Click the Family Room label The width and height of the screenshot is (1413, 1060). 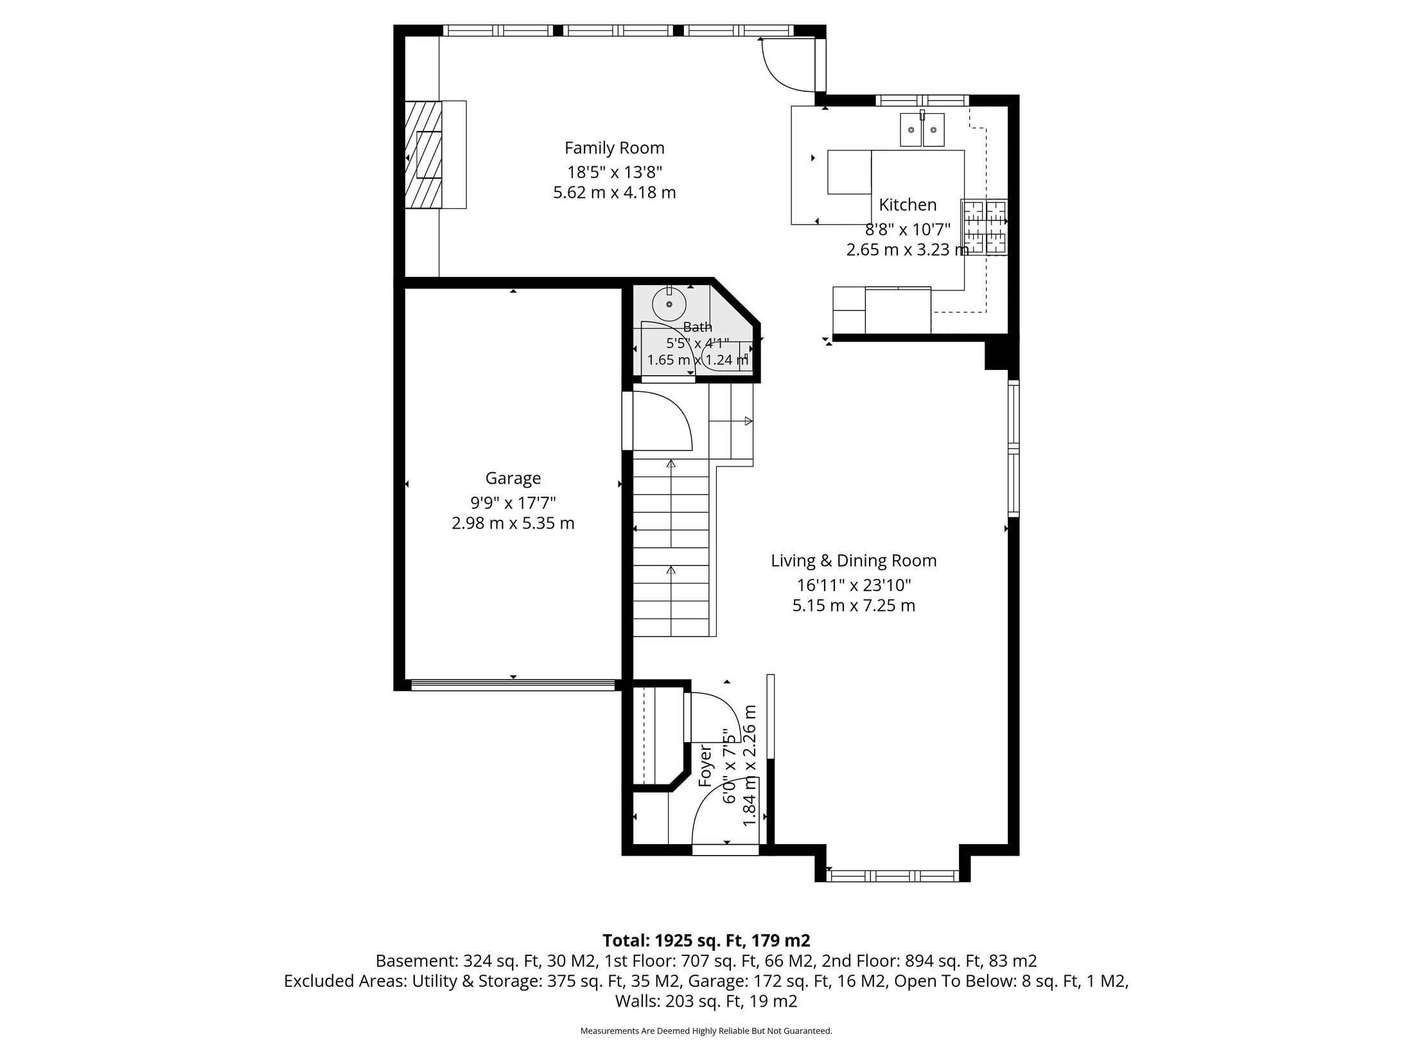[x=614, y=148]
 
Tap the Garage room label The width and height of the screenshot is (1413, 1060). [x=513, y=479]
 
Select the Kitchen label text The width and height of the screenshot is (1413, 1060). [x=908, y=205]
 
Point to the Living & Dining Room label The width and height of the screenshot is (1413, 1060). [x=854, y=561]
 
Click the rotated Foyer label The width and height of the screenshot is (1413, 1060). [x=705, y=766]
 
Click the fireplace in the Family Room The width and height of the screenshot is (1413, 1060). [x=423, y=154]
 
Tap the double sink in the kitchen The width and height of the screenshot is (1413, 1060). [x=922, y=129]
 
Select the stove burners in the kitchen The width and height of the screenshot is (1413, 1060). [x=984, y=227]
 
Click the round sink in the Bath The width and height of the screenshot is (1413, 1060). [x=669, y=303]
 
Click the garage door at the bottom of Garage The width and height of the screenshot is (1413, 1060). [x=513, y=685]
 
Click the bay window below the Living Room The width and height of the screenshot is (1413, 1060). [x=892, y=875]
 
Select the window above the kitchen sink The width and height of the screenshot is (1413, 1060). [x=922, y=100]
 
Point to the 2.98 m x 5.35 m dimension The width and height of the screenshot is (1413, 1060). [x=513, y=524]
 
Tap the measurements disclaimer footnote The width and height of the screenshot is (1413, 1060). [x=706, y=1030]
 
